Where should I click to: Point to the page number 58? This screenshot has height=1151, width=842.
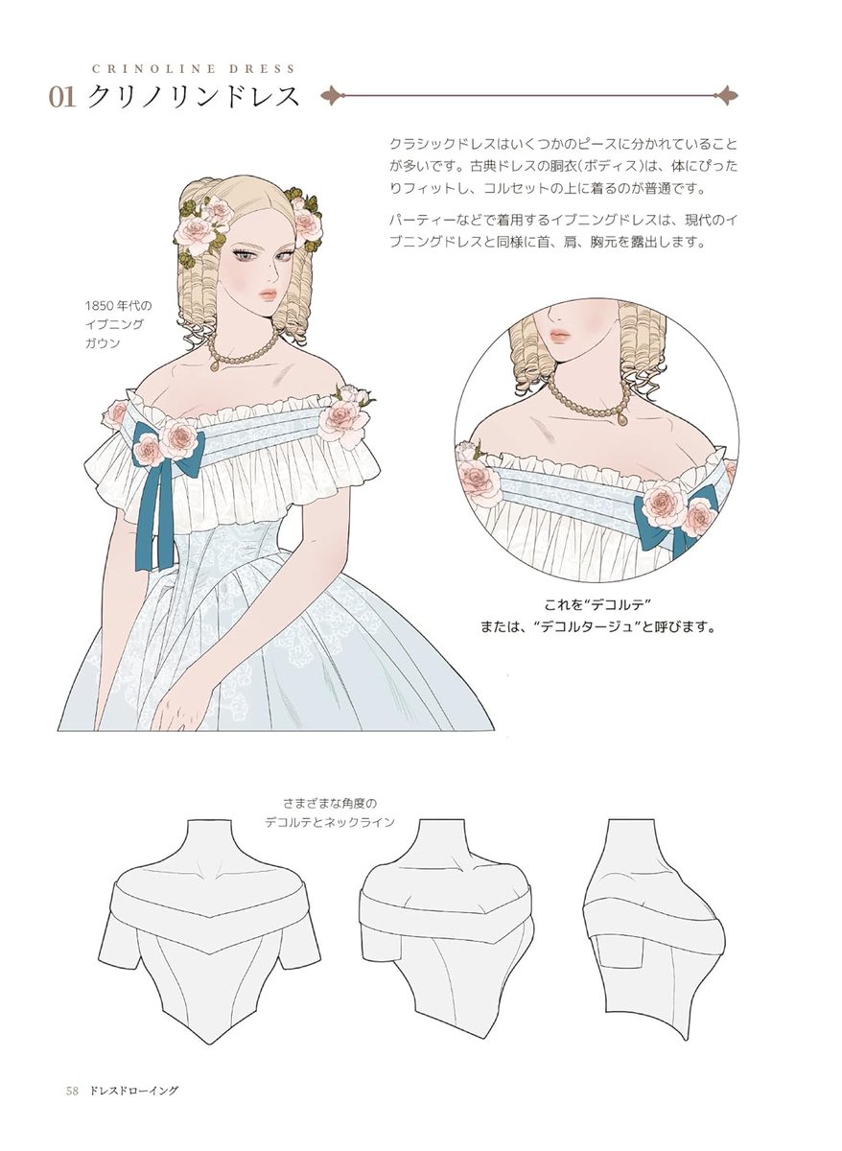(71, 1091)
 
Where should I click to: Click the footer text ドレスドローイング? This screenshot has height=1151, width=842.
(134, 1091)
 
